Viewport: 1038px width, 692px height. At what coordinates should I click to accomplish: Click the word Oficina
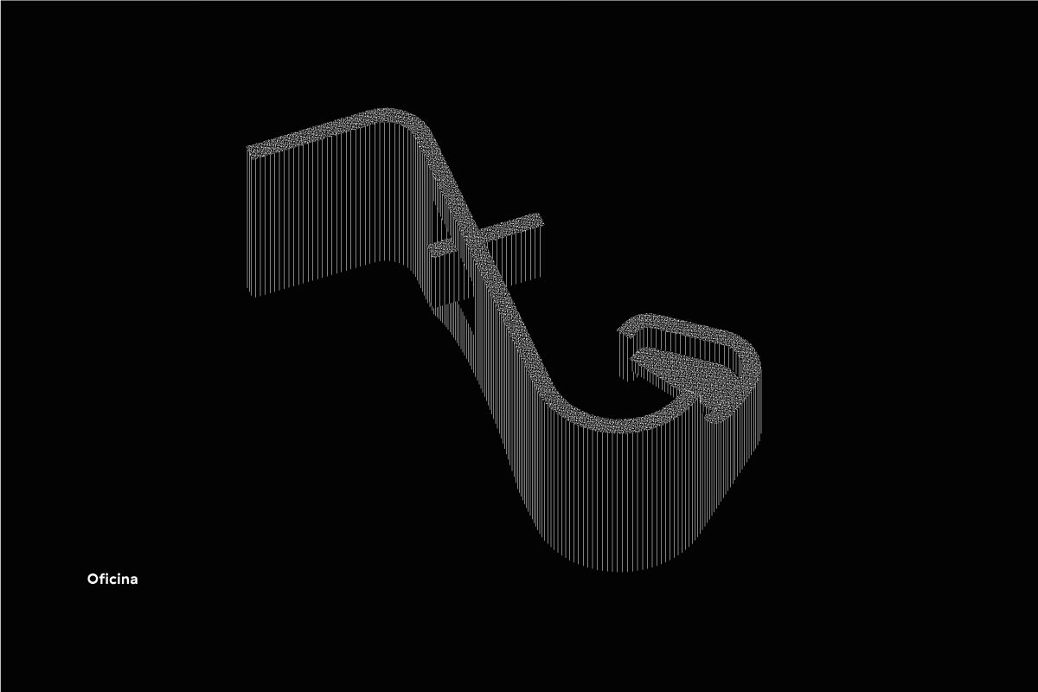(112, 580)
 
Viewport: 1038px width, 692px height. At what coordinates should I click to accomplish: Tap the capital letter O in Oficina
(93, 580)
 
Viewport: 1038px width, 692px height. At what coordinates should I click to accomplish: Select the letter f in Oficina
(102, 579)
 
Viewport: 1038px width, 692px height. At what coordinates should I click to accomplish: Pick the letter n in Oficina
(126, 580)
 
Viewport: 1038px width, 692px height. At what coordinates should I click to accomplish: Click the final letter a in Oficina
(134, 580)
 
